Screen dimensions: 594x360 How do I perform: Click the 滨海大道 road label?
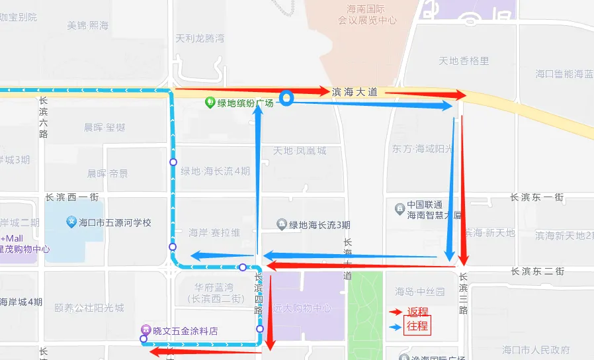click(x=355, y=93)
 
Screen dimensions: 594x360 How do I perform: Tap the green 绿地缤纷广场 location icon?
click(x=210, y=103)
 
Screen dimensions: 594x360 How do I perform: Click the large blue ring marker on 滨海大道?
click(x=286, y=99)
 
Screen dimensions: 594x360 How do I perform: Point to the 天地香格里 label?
click(x=464, y=61)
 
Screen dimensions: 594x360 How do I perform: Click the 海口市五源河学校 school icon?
click(x=71, y=222)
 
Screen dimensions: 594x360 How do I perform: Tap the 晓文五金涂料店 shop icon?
click(x=146, y=331)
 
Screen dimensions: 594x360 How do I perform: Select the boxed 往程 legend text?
click(x=417, y=326)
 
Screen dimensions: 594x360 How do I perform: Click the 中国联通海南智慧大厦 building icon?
click(x=399, y=209)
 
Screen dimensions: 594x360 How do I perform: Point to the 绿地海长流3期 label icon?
click(x=282, y=224)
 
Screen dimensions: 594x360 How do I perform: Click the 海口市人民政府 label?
click(x=536, y=349)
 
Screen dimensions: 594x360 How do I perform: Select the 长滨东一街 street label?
click(x=536, y=197)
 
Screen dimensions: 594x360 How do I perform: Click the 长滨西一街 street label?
click(x=72, y=197)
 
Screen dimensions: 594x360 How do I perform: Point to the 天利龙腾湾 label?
click(x=199, y=38)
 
